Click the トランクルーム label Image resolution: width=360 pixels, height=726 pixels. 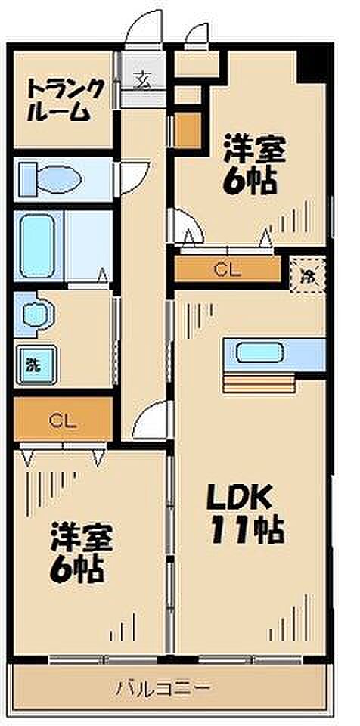(64, 101)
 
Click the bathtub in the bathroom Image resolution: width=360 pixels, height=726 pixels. (38, 246)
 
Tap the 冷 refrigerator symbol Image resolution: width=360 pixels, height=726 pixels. (308, 275)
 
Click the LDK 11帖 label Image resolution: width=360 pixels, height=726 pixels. (244, 515)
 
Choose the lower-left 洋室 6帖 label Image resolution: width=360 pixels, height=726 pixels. (81, 552)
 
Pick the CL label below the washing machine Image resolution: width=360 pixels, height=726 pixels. (64, 420)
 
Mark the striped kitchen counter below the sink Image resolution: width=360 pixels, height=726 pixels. (259, 382)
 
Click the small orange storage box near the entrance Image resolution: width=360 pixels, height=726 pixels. (187, 131)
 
